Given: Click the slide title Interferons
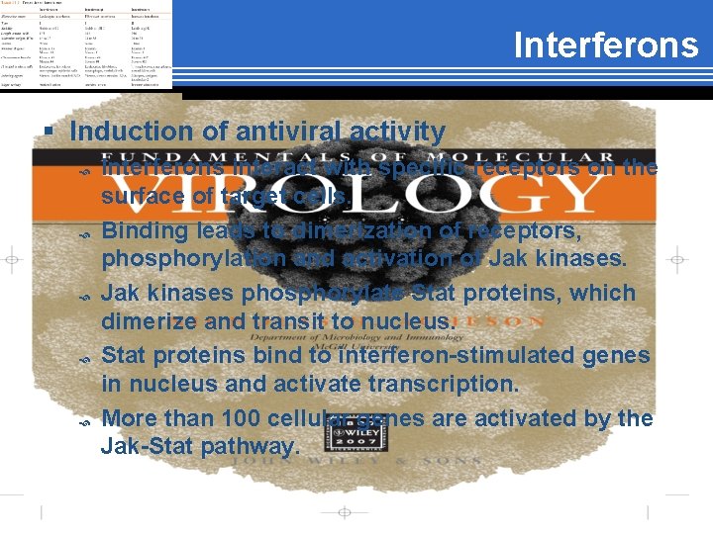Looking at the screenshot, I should coord(605,46).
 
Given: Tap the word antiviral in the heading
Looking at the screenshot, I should coord(260,131).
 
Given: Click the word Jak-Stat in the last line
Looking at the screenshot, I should coord(146,447).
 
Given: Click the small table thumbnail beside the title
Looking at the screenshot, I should coord(87,44).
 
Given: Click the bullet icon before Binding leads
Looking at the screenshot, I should coord(85,234).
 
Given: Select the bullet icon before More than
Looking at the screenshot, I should coord(85,422).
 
